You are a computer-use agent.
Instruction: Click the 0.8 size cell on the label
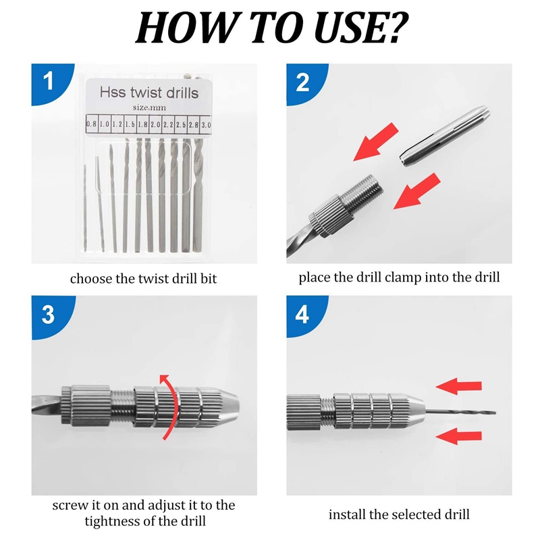91,125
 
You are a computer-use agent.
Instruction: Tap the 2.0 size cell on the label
155,125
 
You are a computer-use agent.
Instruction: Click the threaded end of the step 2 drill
365,188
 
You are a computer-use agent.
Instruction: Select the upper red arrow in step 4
459,386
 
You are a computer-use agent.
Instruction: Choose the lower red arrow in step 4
459,437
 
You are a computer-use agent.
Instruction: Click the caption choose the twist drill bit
143,278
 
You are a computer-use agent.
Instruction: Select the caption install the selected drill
399,514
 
